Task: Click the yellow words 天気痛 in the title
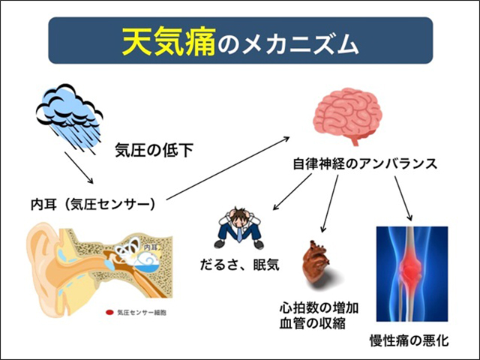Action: point(169,42)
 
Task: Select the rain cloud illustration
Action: point(70,118)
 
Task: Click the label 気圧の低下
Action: point(154,150)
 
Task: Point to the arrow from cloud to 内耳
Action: point(79,168)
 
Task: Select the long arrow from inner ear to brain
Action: point(228,168)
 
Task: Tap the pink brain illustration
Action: point(347,115)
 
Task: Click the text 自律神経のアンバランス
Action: point(365,164)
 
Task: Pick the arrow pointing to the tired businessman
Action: point(292,192)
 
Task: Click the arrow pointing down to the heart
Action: point(329,203)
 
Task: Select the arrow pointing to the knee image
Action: point(403,198)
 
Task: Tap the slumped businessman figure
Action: point(239,227)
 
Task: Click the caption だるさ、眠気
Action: point(240,265)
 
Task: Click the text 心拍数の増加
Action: point(319,308)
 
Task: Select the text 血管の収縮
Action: point(313,323)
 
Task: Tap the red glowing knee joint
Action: point(410,266)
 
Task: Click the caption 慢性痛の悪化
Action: point(409,340)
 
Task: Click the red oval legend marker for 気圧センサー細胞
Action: point(109,313)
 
